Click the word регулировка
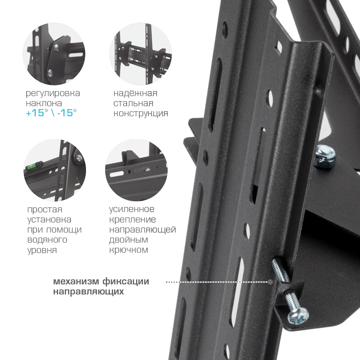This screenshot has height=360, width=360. click(53, 94)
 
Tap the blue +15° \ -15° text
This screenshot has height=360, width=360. click(51, 113)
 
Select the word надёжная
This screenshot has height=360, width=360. click(135, 93)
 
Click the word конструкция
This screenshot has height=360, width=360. click(141, 114)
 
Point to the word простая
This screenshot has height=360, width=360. click(45, 210)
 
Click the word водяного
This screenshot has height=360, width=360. click(47, 240)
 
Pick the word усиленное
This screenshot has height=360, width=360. click(131, 209)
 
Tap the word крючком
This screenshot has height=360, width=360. click(129, 250)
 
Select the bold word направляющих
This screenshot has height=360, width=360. click(89, 292)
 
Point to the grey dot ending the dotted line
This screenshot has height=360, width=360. click(270, 282)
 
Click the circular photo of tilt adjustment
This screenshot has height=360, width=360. click(54, 54)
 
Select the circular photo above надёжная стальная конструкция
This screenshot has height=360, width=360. click(141, 54)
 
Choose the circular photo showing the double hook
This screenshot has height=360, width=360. click(136, 170)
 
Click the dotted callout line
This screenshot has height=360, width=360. click(217, 282)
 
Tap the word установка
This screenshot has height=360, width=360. click(49, 220)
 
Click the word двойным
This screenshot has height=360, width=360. click(129, 240)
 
